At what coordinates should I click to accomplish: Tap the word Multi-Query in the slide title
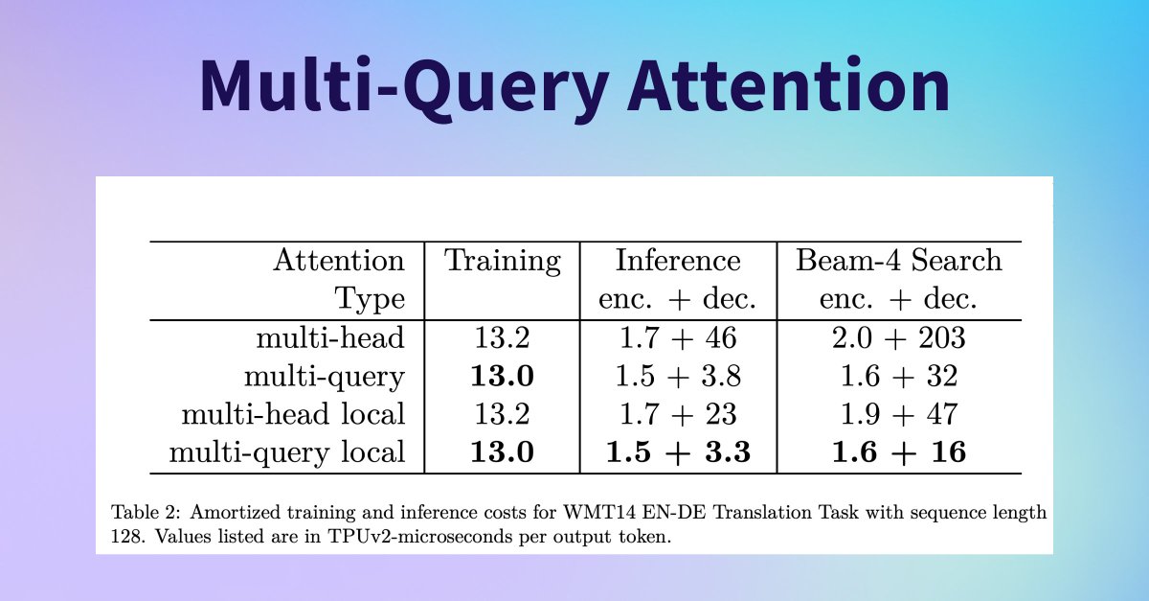click(405, 91)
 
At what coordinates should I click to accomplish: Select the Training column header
click(502, 261)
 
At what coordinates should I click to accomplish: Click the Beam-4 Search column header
click(898, 260)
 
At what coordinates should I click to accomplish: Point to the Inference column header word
click(678, 260)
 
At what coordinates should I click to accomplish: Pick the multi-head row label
click(330, 337)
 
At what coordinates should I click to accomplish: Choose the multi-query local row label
click(287, 453)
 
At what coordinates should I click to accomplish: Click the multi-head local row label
click(293, 414)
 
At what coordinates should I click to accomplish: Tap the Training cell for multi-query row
click(502, 376)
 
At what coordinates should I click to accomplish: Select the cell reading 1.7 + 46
click(678, 338)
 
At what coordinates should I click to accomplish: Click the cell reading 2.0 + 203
click(899, 338)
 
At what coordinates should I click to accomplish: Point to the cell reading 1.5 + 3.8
click(678, 376)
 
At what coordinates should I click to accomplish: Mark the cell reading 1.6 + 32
click(899, 376)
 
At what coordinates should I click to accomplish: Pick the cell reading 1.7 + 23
click(678, 414)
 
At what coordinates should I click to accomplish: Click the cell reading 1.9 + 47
click(899, 414)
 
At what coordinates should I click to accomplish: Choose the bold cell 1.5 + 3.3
click(678, 452)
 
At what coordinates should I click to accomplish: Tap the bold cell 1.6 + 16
click(899, 452)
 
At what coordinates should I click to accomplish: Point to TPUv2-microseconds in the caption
click(420, 537)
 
